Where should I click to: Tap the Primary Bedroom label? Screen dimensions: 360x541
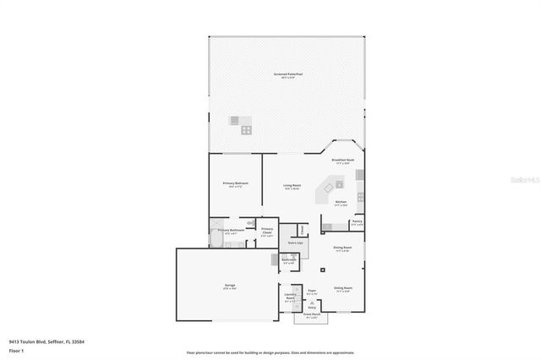235,183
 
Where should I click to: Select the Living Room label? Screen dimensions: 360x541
292,186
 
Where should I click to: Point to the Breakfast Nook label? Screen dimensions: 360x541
342,160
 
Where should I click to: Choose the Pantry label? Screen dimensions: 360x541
357,223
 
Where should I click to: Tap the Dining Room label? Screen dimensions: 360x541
342,248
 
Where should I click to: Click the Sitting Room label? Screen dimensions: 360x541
342,288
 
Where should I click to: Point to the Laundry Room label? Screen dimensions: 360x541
290,297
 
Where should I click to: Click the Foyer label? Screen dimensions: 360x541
312,292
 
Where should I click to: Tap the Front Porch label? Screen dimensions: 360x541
312,314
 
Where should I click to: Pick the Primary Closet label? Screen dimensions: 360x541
267,232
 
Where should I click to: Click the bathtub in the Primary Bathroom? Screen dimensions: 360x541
216,243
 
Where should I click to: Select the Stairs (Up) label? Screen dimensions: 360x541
295,243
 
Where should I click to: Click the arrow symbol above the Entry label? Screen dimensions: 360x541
312,303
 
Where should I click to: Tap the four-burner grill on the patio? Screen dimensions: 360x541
246,129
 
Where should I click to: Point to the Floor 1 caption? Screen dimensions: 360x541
16,350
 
